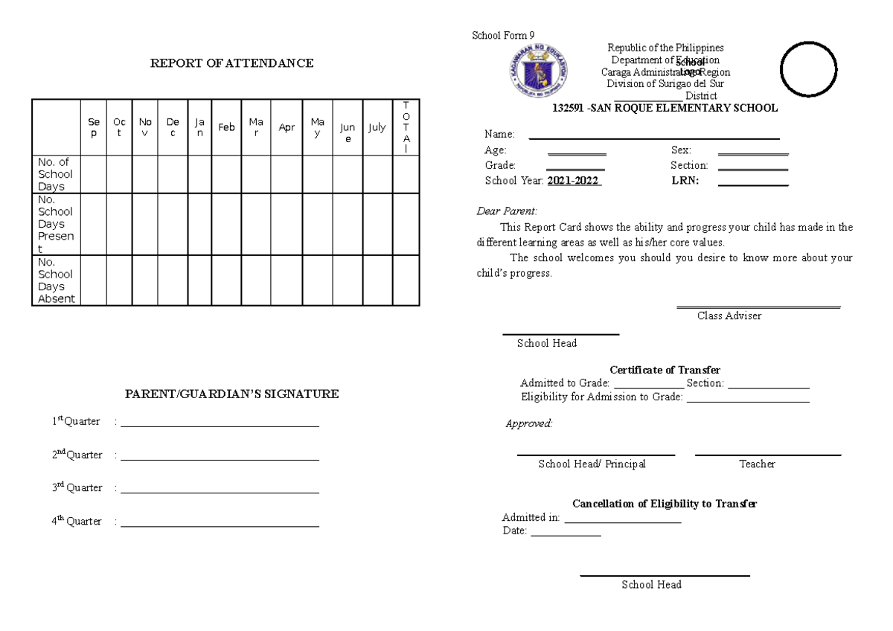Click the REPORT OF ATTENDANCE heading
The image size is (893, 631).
[231, 63]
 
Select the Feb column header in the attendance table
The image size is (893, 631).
[226, 127]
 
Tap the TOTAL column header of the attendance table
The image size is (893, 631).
[406, 127]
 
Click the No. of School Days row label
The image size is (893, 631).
[56, 174]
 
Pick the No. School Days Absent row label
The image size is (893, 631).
[57, 281]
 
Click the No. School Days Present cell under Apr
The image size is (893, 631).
[287, 224]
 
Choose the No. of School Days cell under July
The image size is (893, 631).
[377, 174]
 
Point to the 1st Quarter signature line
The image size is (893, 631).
[220, 426]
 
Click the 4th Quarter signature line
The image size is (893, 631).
[220, 525]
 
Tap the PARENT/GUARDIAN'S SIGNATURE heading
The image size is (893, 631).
[231, 394]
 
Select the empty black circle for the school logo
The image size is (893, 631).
[809, 68]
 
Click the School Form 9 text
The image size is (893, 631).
[503, 36]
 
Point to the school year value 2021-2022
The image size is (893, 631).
[574, 181]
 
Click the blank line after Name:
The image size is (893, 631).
[653, 138]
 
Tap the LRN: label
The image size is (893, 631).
[685, 181]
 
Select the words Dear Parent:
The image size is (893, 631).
[507, 211]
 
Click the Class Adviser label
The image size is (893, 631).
[729, 315]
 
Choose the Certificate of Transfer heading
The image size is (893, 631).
[665, 370]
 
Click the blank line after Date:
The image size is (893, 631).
[565, 534]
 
